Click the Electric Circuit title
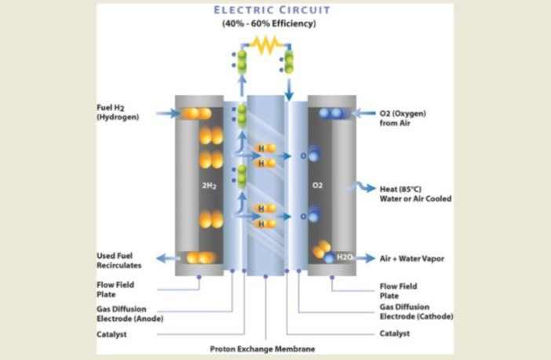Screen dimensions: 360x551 coord(274,10)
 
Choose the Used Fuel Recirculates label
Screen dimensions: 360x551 coord(119,261)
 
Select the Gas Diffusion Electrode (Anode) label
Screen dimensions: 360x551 coord(128,315)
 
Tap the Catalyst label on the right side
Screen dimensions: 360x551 coord(396,333)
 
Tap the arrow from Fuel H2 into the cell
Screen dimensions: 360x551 coord(167,114)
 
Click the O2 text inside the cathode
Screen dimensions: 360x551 coord(317,186)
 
